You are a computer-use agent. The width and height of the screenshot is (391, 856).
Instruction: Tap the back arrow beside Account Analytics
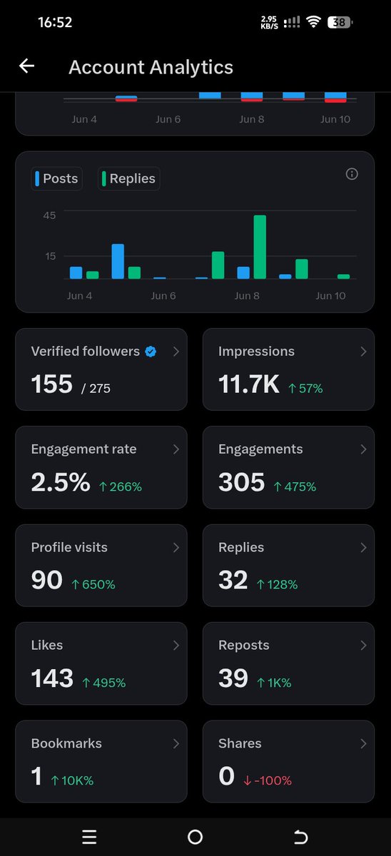click(26, 66)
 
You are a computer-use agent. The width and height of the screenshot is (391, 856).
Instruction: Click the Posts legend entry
click(56, 178)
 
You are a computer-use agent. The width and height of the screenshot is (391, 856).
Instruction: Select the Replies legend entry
click(129, 178)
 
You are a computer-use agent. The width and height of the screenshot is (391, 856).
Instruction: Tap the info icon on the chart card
click(352, 174)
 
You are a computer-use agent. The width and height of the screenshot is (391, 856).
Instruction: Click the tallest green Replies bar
click(260, 247)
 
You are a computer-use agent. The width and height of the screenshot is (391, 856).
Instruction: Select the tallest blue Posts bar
click(118, 261)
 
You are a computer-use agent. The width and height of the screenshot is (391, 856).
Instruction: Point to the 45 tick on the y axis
click(49, 215)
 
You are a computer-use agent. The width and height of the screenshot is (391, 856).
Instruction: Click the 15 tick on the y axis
click(51, 256)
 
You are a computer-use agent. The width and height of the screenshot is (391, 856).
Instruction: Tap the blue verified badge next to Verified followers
click(151, 352)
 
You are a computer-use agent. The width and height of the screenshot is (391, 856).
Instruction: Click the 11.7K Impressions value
click(249, 384)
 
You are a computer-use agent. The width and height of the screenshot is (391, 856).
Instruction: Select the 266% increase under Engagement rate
click(121, 486)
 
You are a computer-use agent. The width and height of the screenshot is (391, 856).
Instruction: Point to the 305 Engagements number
click(242, 482)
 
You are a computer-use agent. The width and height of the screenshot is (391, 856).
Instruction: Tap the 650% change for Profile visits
click(93, 584)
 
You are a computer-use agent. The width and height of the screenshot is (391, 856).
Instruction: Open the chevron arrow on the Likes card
click(176, 646)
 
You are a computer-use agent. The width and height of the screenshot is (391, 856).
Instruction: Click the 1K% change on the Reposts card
click(275, 683)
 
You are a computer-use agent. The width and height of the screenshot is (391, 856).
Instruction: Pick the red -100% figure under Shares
click(268, 780)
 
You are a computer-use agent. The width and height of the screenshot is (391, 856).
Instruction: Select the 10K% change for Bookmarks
click(73, 780)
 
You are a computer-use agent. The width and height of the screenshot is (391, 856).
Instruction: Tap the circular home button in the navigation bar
click(195, 837)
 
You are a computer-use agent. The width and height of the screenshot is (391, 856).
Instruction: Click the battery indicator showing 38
click(340, 22)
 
